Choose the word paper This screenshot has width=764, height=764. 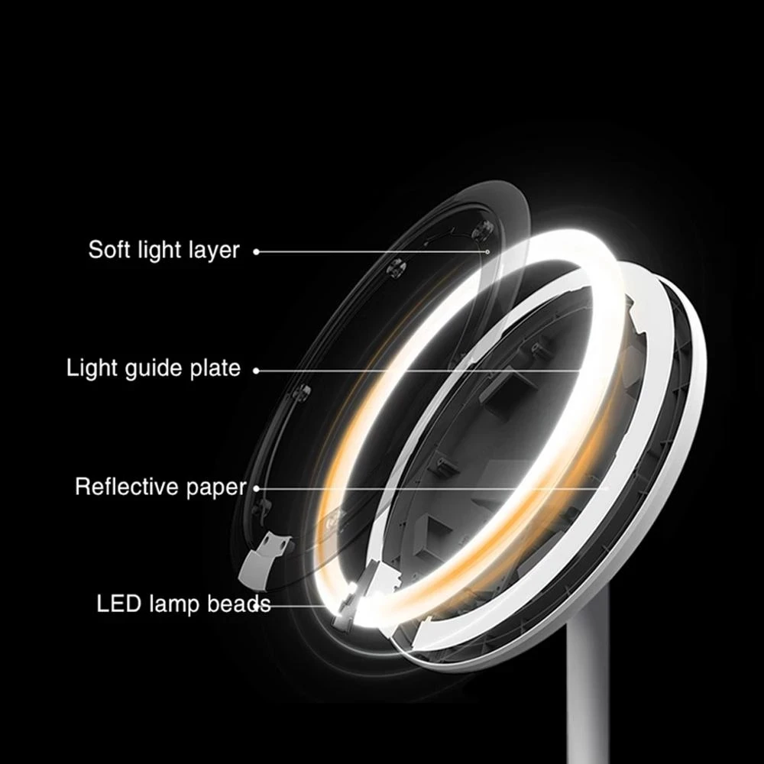tap(217, 487)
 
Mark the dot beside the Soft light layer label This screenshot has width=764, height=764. tap(256, 251)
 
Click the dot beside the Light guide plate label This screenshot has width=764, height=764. tap(256, 370)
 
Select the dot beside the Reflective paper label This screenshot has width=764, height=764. tap(256, 487)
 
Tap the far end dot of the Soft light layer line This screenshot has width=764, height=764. tap(487, 251)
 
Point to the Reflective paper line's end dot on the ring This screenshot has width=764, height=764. tap(608, 487)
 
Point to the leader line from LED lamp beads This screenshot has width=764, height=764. tap(306, 604)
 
